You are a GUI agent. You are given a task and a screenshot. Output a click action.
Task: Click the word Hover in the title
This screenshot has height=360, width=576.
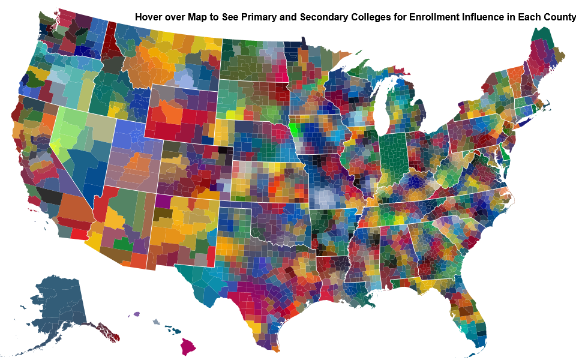[x=149, y=17]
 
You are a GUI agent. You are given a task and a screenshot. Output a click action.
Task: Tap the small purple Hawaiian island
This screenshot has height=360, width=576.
[x=137, y=314]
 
